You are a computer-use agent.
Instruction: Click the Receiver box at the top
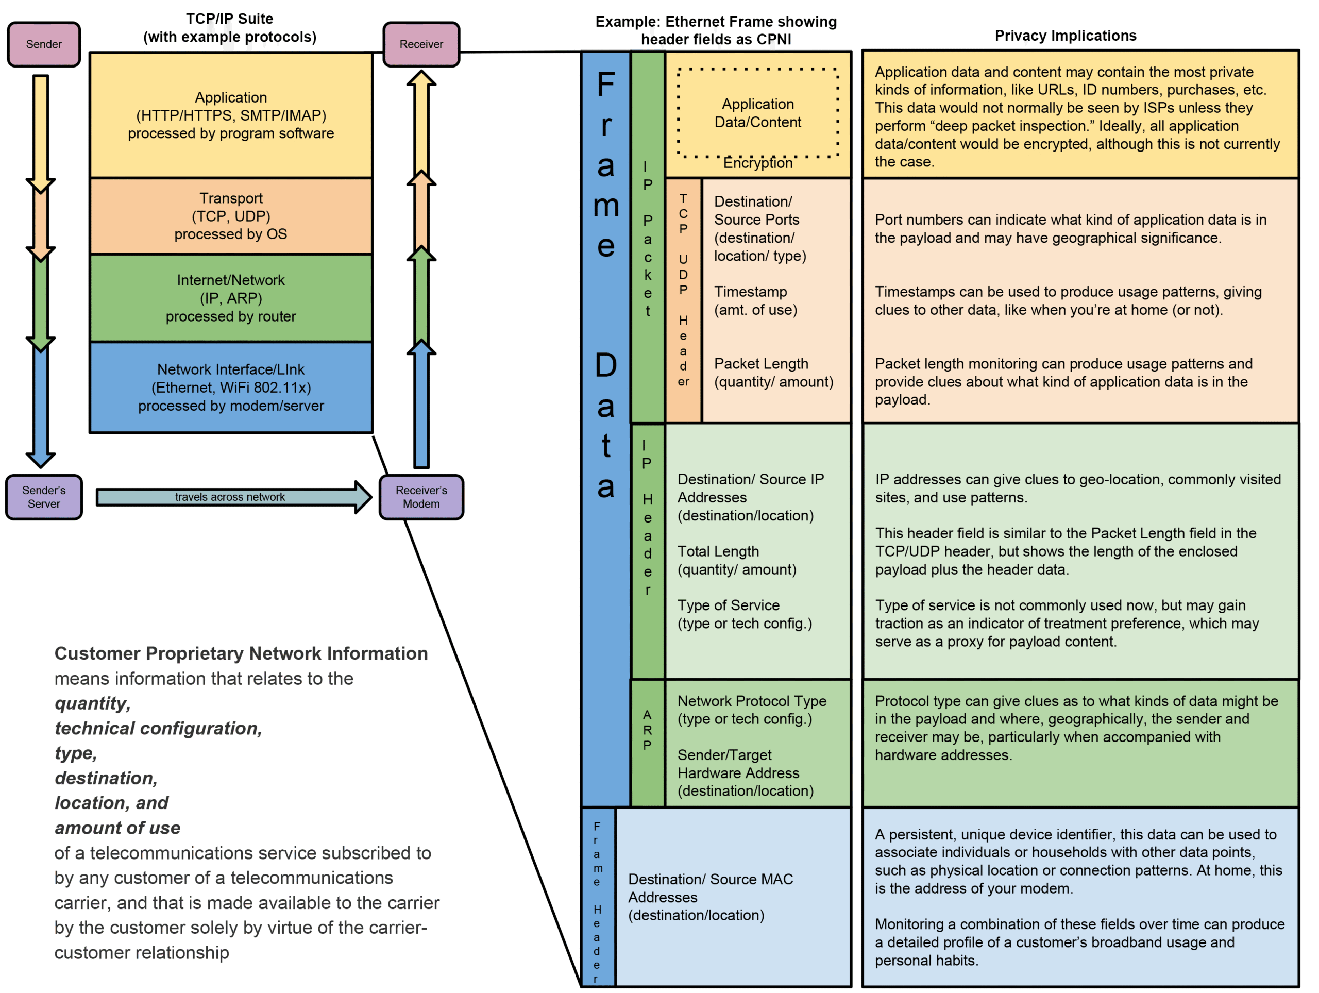421,44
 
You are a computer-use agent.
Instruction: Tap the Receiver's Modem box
421,497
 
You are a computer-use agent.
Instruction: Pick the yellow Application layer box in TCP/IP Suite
231,115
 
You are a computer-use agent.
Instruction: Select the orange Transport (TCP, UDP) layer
231,216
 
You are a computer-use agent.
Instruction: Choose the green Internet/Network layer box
231,298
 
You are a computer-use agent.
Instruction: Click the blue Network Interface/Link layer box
231,387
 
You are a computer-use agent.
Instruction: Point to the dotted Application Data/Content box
757,113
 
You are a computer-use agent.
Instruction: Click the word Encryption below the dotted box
757,163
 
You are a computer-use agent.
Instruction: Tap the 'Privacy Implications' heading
1065,36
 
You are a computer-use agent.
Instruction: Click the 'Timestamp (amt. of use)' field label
755,300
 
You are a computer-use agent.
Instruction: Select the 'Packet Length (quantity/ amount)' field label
773,373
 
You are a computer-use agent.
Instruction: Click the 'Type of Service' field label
744,614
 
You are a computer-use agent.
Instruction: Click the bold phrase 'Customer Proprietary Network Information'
241,653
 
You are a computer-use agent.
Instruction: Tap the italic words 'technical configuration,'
158,728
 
